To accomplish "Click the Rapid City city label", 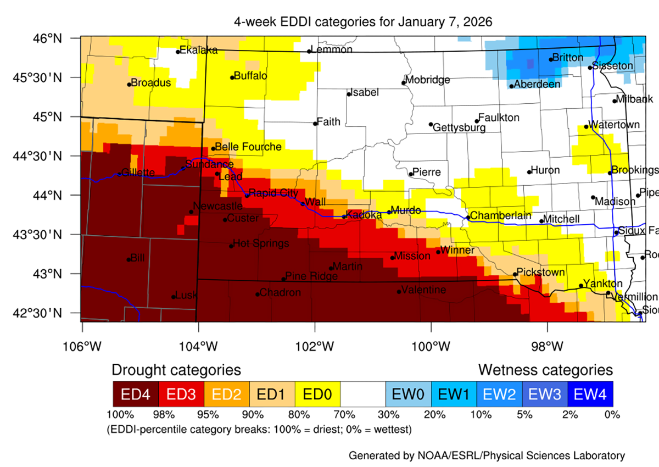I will (274, 193).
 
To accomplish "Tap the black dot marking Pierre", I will (411, 174).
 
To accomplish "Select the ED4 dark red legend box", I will (135, 394).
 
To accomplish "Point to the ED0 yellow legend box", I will (317, 394).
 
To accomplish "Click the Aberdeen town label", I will (537, 84).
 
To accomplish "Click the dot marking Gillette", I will (119, 174).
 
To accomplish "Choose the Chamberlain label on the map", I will (501, 215).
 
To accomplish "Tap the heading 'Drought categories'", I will (176, 369).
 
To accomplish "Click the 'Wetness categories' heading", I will (545, 369).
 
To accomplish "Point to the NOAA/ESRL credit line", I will (487, 455).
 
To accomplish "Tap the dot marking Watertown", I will (586, 127).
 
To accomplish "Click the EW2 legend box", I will (499, 394).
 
